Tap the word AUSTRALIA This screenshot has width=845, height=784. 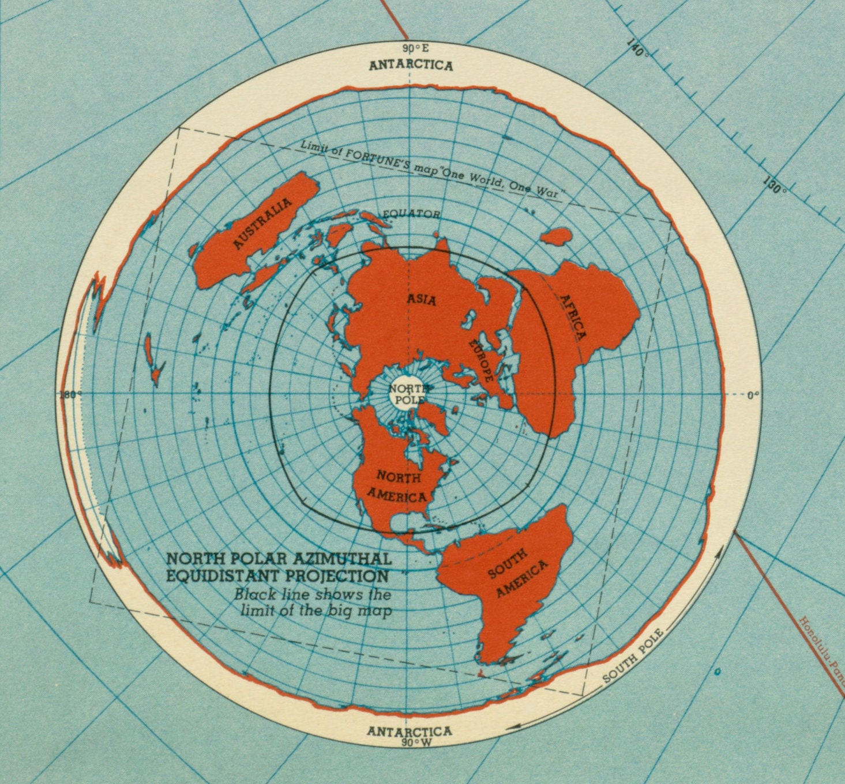[x=262, y=224]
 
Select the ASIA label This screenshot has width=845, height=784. [x=422, y=299]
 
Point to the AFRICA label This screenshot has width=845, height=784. [x=573, y=316]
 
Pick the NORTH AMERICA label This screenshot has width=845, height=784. [x=398, y=485]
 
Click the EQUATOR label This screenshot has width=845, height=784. [x=411, y=214]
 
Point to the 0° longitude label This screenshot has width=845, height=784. [x=753, y=395]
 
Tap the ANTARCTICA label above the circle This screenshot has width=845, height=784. [x=411, y=65]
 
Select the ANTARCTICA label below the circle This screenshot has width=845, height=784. [x=410, y=731]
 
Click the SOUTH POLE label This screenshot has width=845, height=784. [x=633, y=656]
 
